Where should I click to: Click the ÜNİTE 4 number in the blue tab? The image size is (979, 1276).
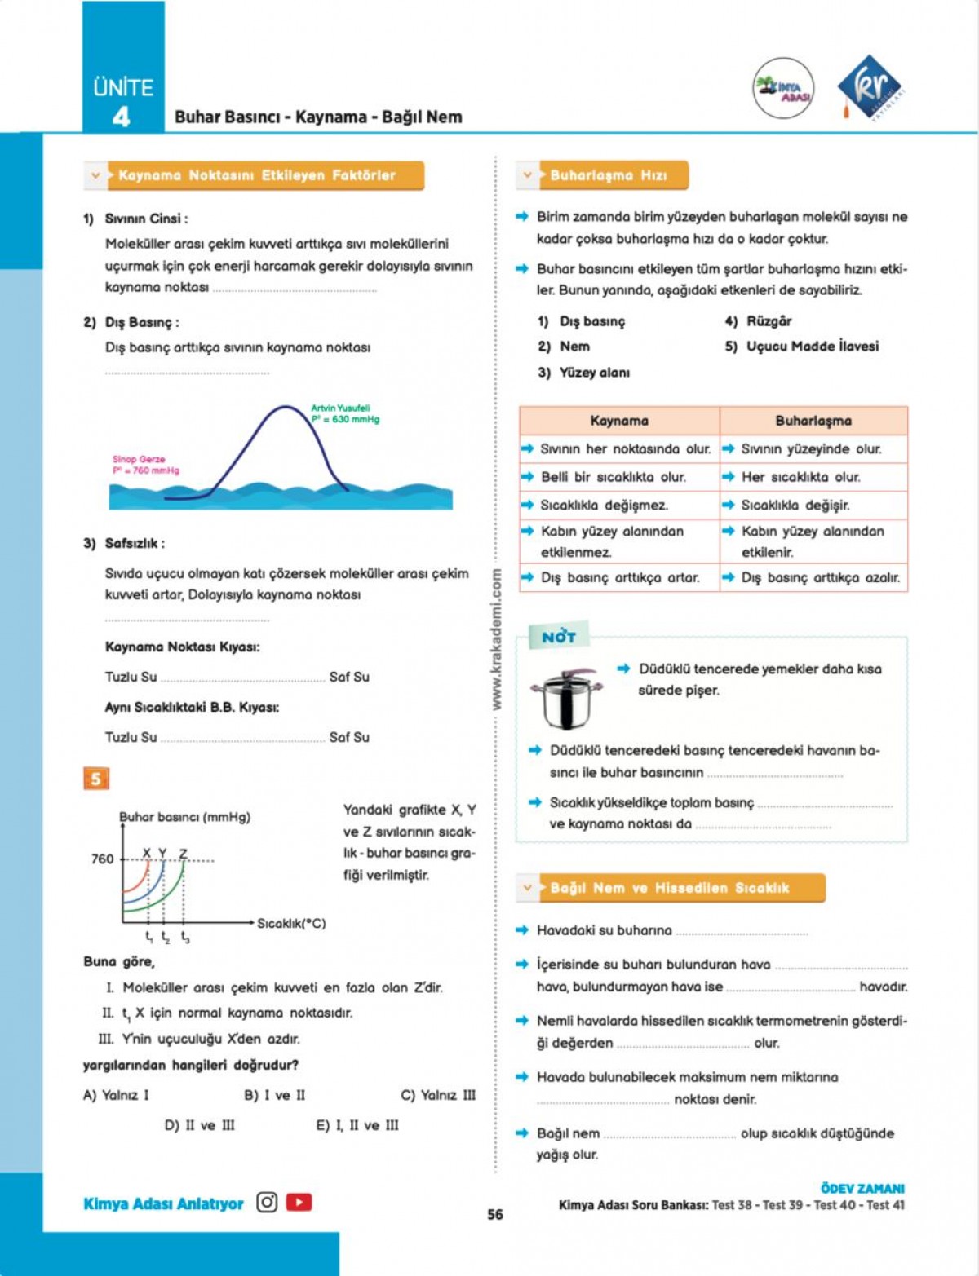coord(121,117)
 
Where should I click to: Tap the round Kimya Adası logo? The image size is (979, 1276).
coord(783,88)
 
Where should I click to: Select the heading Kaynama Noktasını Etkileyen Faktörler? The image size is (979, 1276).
coord(257,175)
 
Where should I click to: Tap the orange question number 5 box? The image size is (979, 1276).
coord(95,779)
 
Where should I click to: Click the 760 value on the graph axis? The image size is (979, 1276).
coord(103,859)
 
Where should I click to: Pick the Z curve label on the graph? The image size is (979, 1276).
coord(183,853)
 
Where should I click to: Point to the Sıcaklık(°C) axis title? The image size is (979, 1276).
coord(291,923)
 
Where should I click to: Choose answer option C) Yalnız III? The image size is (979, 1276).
coord(437,1095)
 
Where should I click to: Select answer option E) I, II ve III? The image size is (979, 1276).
coord(357,1125)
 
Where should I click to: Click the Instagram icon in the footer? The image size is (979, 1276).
coord(267,1203)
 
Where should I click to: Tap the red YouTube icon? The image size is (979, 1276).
coord(299,1203)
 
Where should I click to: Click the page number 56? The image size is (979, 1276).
coord(495,1214)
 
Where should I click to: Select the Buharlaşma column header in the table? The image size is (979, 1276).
coord(813,421)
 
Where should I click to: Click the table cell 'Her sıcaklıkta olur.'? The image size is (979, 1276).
coord(800,477)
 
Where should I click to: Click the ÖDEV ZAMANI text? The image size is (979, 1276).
coord(862,1189)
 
